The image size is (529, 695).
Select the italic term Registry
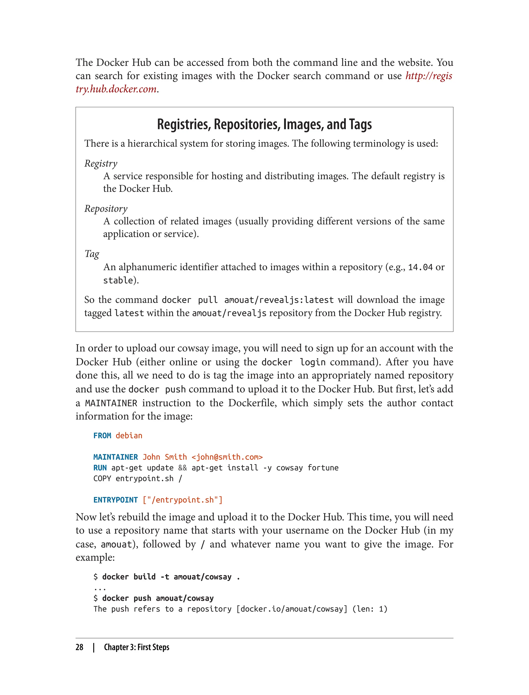(x=101, y=163)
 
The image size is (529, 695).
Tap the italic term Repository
(x=106, y=208)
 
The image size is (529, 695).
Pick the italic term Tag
(x=92, y=254)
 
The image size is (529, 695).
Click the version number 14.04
(x=420, y=267)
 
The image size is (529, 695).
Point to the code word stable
(x=118, y=280)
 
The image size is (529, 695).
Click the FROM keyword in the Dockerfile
(x=102, y=436)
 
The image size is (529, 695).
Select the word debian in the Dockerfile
(x=129, y=436)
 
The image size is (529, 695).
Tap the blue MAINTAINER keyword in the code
(x=115, y=457)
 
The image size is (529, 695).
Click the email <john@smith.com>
(x=227, y=457)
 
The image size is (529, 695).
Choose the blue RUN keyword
(x=100, y=468)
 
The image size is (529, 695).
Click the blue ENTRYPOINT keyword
(x=115, y=500)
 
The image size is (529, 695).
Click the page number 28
(x=79, y=647)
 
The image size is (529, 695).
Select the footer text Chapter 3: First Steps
(x=137, y=647)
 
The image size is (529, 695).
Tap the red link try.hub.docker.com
(x=116, y=89)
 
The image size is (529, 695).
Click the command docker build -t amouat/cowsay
(x=167, y=577)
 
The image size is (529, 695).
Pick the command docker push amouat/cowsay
(x=158, y=598)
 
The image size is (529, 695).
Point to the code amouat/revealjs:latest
(x=279, y=300)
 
